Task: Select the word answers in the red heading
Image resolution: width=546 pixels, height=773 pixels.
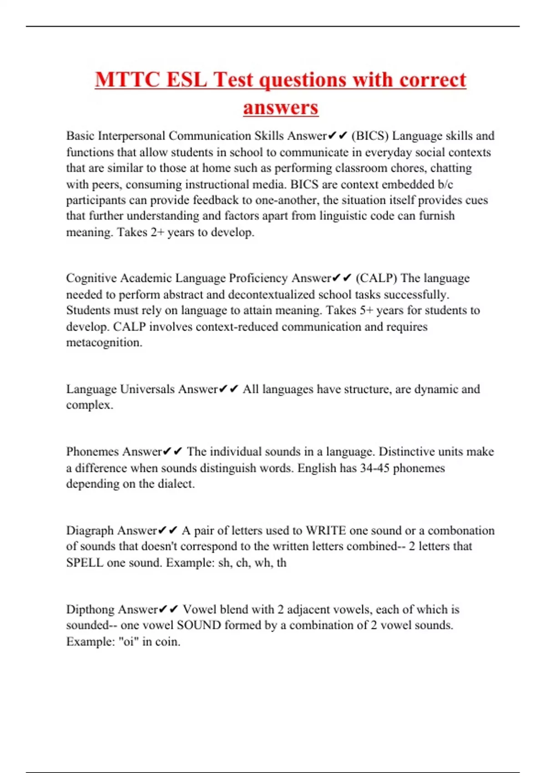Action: click(x=280, y=108)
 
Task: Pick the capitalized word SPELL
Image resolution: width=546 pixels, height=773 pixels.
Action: click(x=85, y=562)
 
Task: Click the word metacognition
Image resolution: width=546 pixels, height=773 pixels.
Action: click(x=104, y=342)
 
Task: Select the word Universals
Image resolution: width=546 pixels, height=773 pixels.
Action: click(x=147, y=389)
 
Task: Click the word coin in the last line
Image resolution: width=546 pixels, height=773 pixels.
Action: click(x=167, y=642)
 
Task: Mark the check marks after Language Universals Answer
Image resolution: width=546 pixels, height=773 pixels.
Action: click(x=228, y=389)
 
